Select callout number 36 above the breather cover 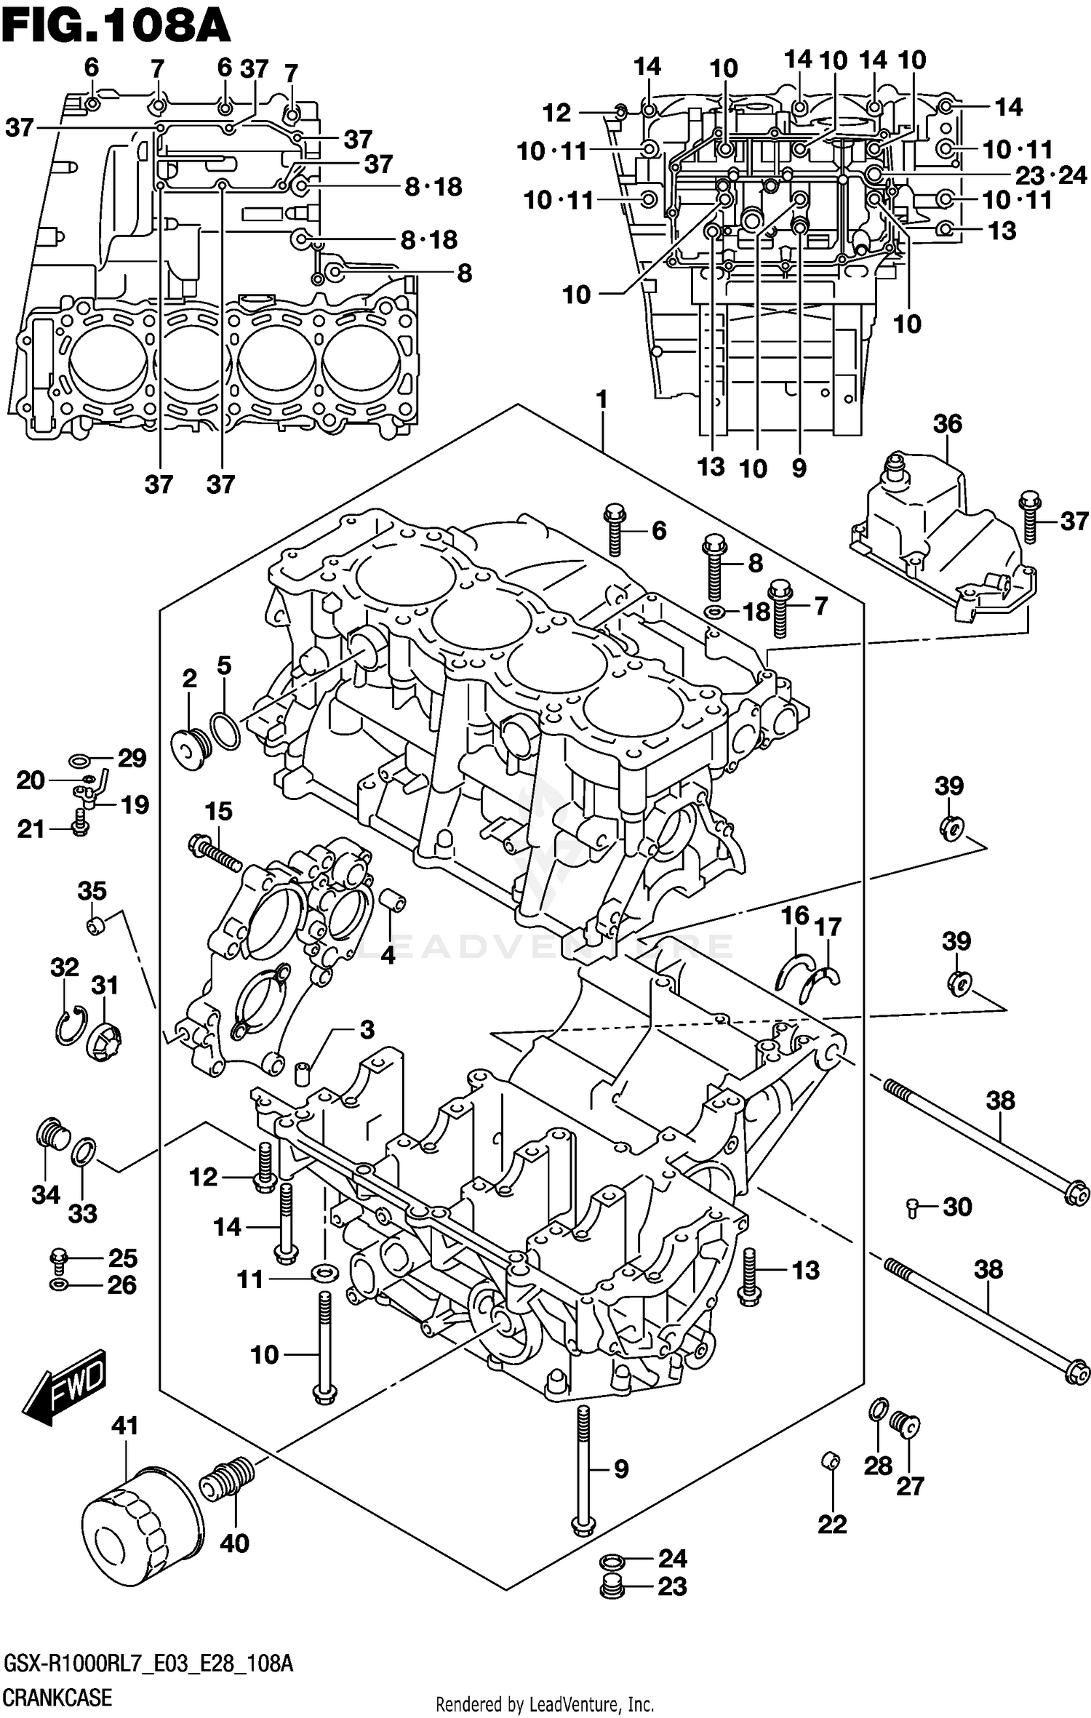click(x=947, y=423)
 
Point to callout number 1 click(x=602, y=399)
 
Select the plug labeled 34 click(x=51, y=1143)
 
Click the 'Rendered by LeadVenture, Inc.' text click(x=545, y=1698)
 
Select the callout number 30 click(x=957, y=1207)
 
